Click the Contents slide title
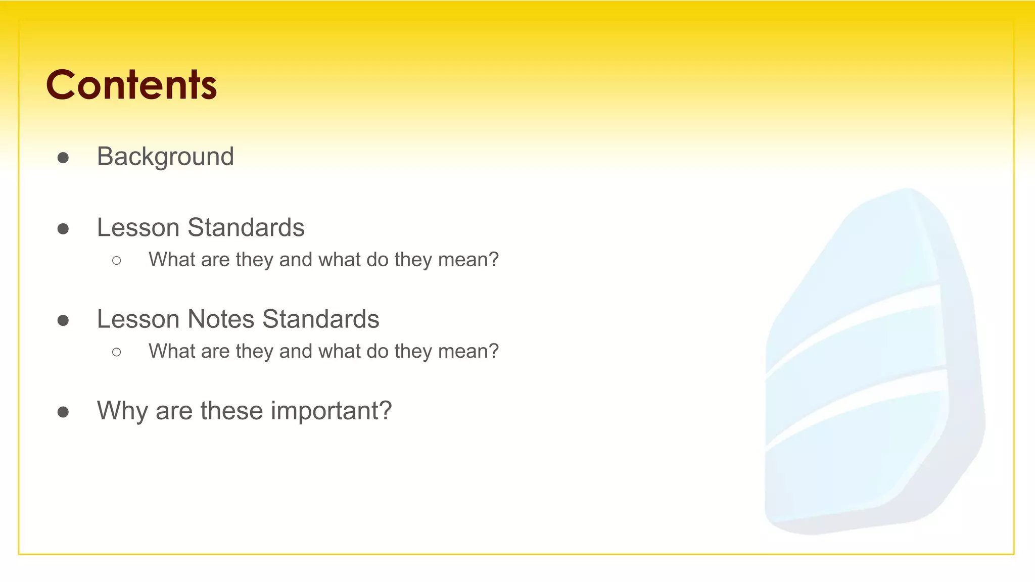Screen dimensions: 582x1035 131,84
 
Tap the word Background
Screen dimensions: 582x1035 165,157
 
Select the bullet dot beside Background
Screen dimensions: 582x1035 63,158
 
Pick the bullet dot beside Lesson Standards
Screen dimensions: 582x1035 63,229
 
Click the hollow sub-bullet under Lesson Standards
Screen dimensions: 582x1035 117,261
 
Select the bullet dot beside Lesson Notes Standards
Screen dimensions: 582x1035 63,321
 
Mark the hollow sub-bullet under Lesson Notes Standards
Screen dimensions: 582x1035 117,352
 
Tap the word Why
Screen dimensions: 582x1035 122,411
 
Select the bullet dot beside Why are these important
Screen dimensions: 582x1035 63,412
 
